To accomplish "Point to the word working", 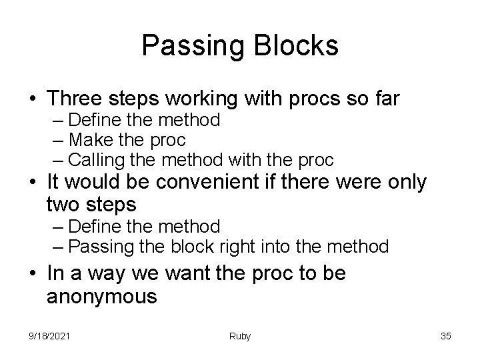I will coord(211,99).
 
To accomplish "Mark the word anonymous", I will coord(101,296).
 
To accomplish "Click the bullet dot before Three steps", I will coord(31,99).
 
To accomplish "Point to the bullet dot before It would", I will coord(31,183).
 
